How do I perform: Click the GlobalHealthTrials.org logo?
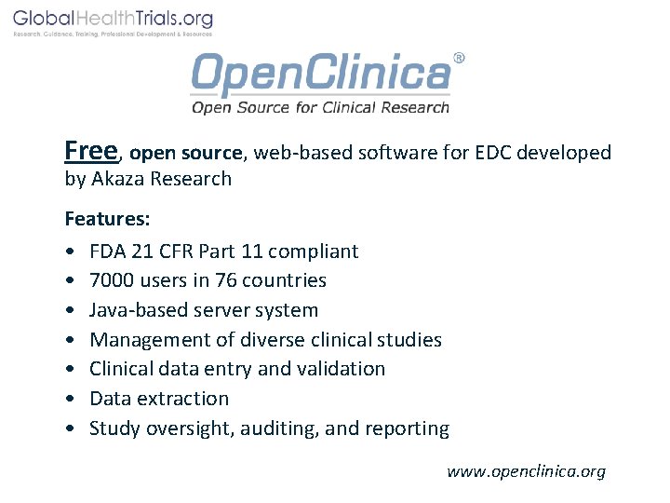[x=112, y=21]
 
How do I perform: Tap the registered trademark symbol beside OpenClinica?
[x=459, y=59]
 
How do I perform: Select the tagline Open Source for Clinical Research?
[x=320, y=107]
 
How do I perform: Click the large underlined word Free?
[x=91, y=150]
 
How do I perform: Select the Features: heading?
[x=107, y=220]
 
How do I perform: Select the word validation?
[x=341, y=369]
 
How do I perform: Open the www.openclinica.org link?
[x=526, y=471]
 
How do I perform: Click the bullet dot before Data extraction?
[x=72, y=399]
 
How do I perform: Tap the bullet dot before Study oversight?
[x=72, y=428]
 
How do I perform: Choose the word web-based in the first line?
[x=296, y=152]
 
